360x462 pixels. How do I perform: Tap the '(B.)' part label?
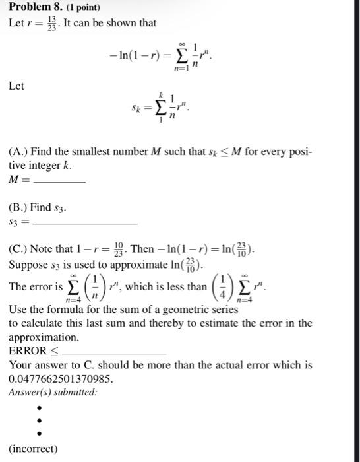pos(19,207)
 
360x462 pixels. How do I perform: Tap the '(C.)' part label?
pos(19,251)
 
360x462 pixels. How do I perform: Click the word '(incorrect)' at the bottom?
pos(33,449)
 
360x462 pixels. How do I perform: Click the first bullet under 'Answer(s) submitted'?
pos(40,408)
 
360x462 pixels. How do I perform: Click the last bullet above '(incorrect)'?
pos(40,433)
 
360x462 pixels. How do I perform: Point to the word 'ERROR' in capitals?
pos(27,351)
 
